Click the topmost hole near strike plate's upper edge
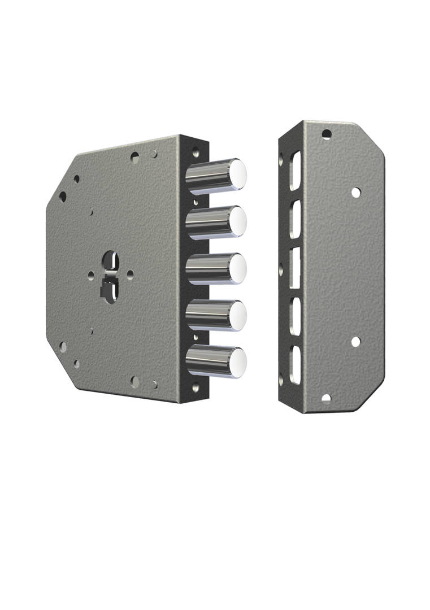point(326,134)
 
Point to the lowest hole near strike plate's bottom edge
point(326,399)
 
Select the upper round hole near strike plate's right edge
point(355,192)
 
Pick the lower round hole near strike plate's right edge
point(355,342)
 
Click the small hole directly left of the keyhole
point(91,274)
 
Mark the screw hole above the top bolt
point(196,152)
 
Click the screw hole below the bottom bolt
point(196,389)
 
